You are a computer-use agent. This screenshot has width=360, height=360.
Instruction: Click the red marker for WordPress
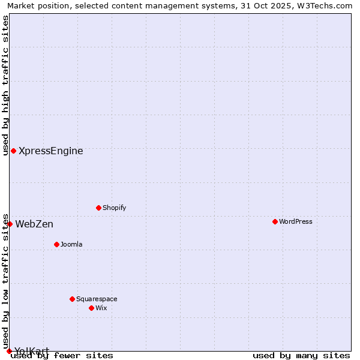coord(275,221)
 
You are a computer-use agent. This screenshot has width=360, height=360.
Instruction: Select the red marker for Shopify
coord(98,208)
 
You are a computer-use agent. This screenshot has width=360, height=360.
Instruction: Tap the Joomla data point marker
coord(56,244)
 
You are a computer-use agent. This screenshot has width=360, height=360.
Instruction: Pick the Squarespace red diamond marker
coord(72,299)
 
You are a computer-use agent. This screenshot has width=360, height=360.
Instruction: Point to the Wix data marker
coord(91,308)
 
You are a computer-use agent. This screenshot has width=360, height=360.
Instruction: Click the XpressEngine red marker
coord(13,151)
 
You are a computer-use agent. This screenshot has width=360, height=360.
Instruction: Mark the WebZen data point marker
coord(10,224)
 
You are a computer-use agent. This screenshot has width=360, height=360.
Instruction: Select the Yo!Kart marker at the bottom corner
coord(9,351)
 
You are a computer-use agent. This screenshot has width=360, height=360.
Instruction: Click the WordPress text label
coord(296,221)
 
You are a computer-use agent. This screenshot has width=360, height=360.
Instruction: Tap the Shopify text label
coord(114,208)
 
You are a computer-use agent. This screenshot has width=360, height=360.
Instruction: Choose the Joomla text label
coord(71,244)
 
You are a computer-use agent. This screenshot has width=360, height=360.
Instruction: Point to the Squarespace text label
coord(97,299)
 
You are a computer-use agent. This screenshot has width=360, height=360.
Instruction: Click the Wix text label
coord(101,308)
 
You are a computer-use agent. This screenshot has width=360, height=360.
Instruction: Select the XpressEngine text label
coord(51,151)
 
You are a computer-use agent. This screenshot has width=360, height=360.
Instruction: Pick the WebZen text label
coord(34,224)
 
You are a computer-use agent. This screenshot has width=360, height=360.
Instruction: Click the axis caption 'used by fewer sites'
coord(62,356)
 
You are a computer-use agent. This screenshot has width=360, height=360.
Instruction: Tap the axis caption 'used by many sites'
coord(301,356)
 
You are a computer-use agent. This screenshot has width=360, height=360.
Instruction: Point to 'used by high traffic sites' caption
coord(6,85)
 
